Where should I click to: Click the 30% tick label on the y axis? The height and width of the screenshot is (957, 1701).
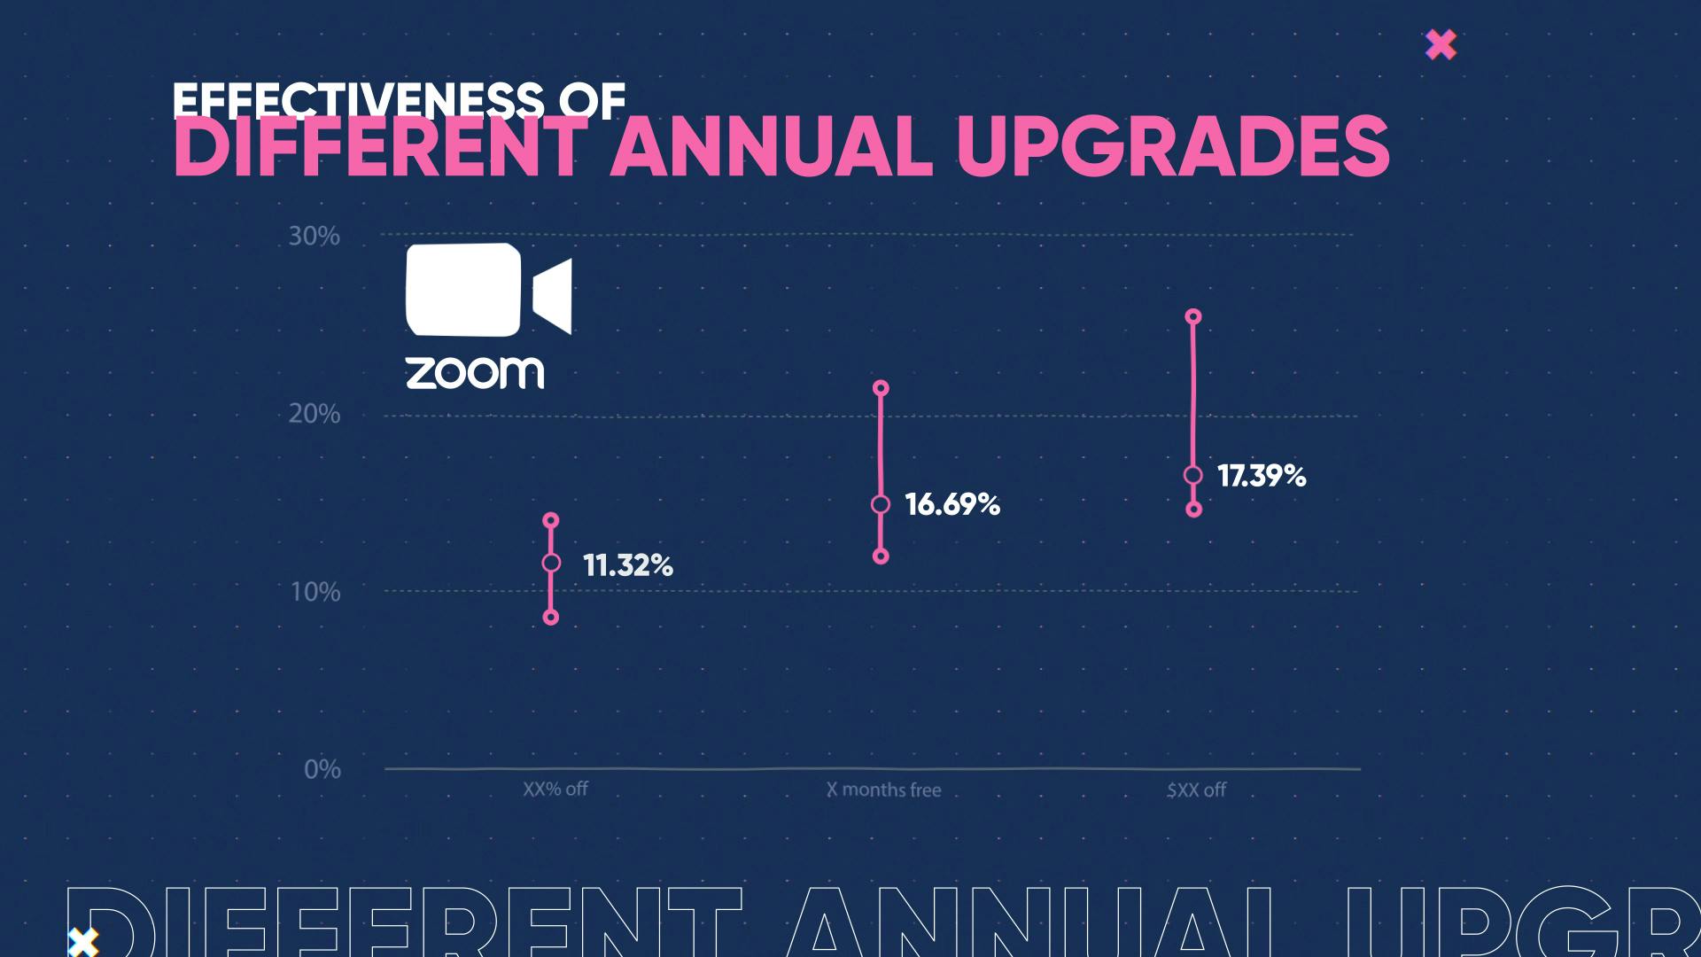click(315, 237)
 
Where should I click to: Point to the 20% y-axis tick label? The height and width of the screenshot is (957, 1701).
click(315, 414)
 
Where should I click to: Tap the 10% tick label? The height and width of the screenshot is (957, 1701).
click(315, 592)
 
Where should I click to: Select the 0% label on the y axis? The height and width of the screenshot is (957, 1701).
click(322, 769)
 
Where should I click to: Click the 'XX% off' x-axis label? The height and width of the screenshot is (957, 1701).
click(555, 789)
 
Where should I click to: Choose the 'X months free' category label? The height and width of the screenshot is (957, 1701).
click(883, 790)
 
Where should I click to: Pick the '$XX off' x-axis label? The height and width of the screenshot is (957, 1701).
click(1196, 790)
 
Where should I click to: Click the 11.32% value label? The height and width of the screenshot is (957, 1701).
click(628, 565)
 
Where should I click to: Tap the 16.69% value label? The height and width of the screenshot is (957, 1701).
click(952, 504)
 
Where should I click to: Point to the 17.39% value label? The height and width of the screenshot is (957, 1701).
click(1262, 476)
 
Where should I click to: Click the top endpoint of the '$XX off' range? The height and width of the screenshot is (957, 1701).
click(1193, 316)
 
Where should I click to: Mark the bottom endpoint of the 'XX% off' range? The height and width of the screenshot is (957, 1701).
click(551, 618)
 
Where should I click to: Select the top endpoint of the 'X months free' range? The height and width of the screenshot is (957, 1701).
click(881, 388)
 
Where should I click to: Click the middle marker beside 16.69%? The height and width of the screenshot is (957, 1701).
click(881, 504)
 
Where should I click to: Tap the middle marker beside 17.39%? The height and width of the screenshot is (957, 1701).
click(1193, 475)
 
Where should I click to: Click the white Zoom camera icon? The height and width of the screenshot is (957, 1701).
click(488, 291)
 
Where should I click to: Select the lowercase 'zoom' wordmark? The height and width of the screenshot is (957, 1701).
click(475, 373)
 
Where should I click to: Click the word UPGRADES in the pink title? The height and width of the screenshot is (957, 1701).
click(1173, 146)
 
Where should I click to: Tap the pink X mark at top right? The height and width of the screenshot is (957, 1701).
click(1441, 44)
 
